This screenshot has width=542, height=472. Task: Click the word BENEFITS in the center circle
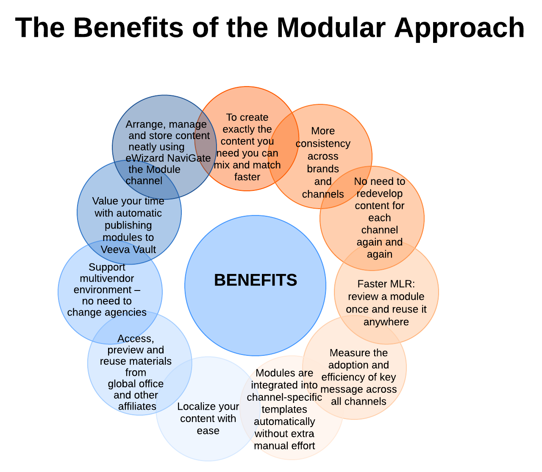(256, 280)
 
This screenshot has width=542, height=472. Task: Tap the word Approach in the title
(459, 28)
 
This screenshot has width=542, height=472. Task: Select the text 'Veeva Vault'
(128, 249)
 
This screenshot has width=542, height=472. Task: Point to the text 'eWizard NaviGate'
(168, 158)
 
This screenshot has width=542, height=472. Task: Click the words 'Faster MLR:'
(386, 284)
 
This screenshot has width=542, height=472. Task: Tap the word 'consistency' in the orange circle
(323, 143)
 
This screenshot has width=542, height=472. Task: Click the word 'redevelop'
(379, 193)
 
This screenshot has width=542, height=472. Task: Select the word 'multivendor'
(107, 279)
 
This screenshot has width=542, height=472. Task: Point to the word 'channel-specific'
(284, 397)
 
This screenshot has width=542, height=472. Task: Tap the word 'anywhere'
(386, 322)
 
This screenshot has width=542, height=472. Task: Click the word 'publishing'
(128, 225)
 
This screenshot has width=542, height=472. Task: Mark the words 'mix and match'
(247, 165)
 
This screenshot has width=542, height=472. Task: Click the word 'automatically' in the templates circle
(284, 422)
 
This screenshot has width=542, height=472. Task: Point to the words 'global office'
(136, 384)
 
